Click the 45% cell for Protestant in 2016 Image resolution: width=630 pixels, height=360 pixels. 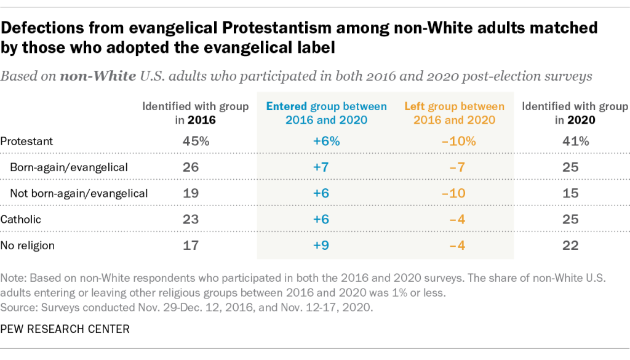click(x=196, y=141)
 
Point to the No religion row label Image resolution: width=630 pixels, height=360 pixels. click(x=28, y=246)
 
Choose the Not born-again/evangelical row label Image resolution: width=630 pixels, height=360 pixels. click(x=79, y=193)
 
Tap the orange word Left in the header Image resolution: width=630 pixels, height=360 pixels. click(x=415, y=106)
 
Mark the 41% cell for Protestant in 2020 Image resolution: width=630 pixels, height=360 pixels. click(x=575, y=141)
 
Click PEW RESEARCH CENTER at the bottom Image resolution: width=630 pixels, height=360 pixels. click(x=65, y=329)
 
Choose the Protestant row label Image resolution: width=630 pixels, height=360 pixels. click(x=27, y=141)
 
